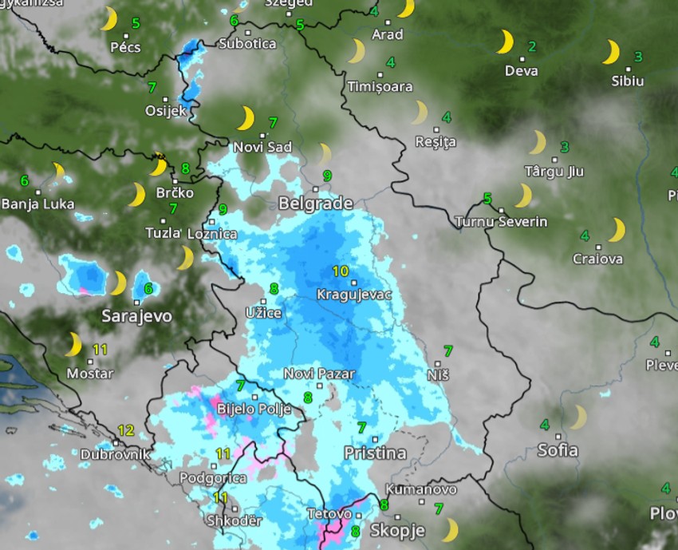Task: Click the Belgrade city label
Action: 315,204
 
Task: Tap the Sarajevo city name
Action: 136,316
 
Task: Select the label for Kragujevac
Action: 354,295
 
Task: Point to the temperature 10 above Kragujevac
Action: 340,271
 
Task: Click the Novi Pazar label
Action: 319,374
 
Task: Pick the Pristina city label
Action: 375,453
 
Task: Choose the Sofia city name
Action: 558,450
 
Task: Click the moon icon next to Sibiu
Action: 611,53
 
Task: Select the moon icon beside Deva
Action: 505,42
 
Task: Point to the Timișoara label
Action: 380,86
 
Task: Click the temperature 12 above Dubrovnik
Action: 125,430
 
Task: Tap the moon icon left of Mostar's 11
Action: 73,344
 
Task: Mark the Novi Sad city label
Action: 262,147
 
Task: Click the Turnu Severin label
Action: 501,221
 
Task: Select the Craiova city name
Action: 597,259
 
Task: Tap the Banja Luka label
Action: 37,204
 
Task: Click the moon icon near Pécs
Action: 109,18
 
